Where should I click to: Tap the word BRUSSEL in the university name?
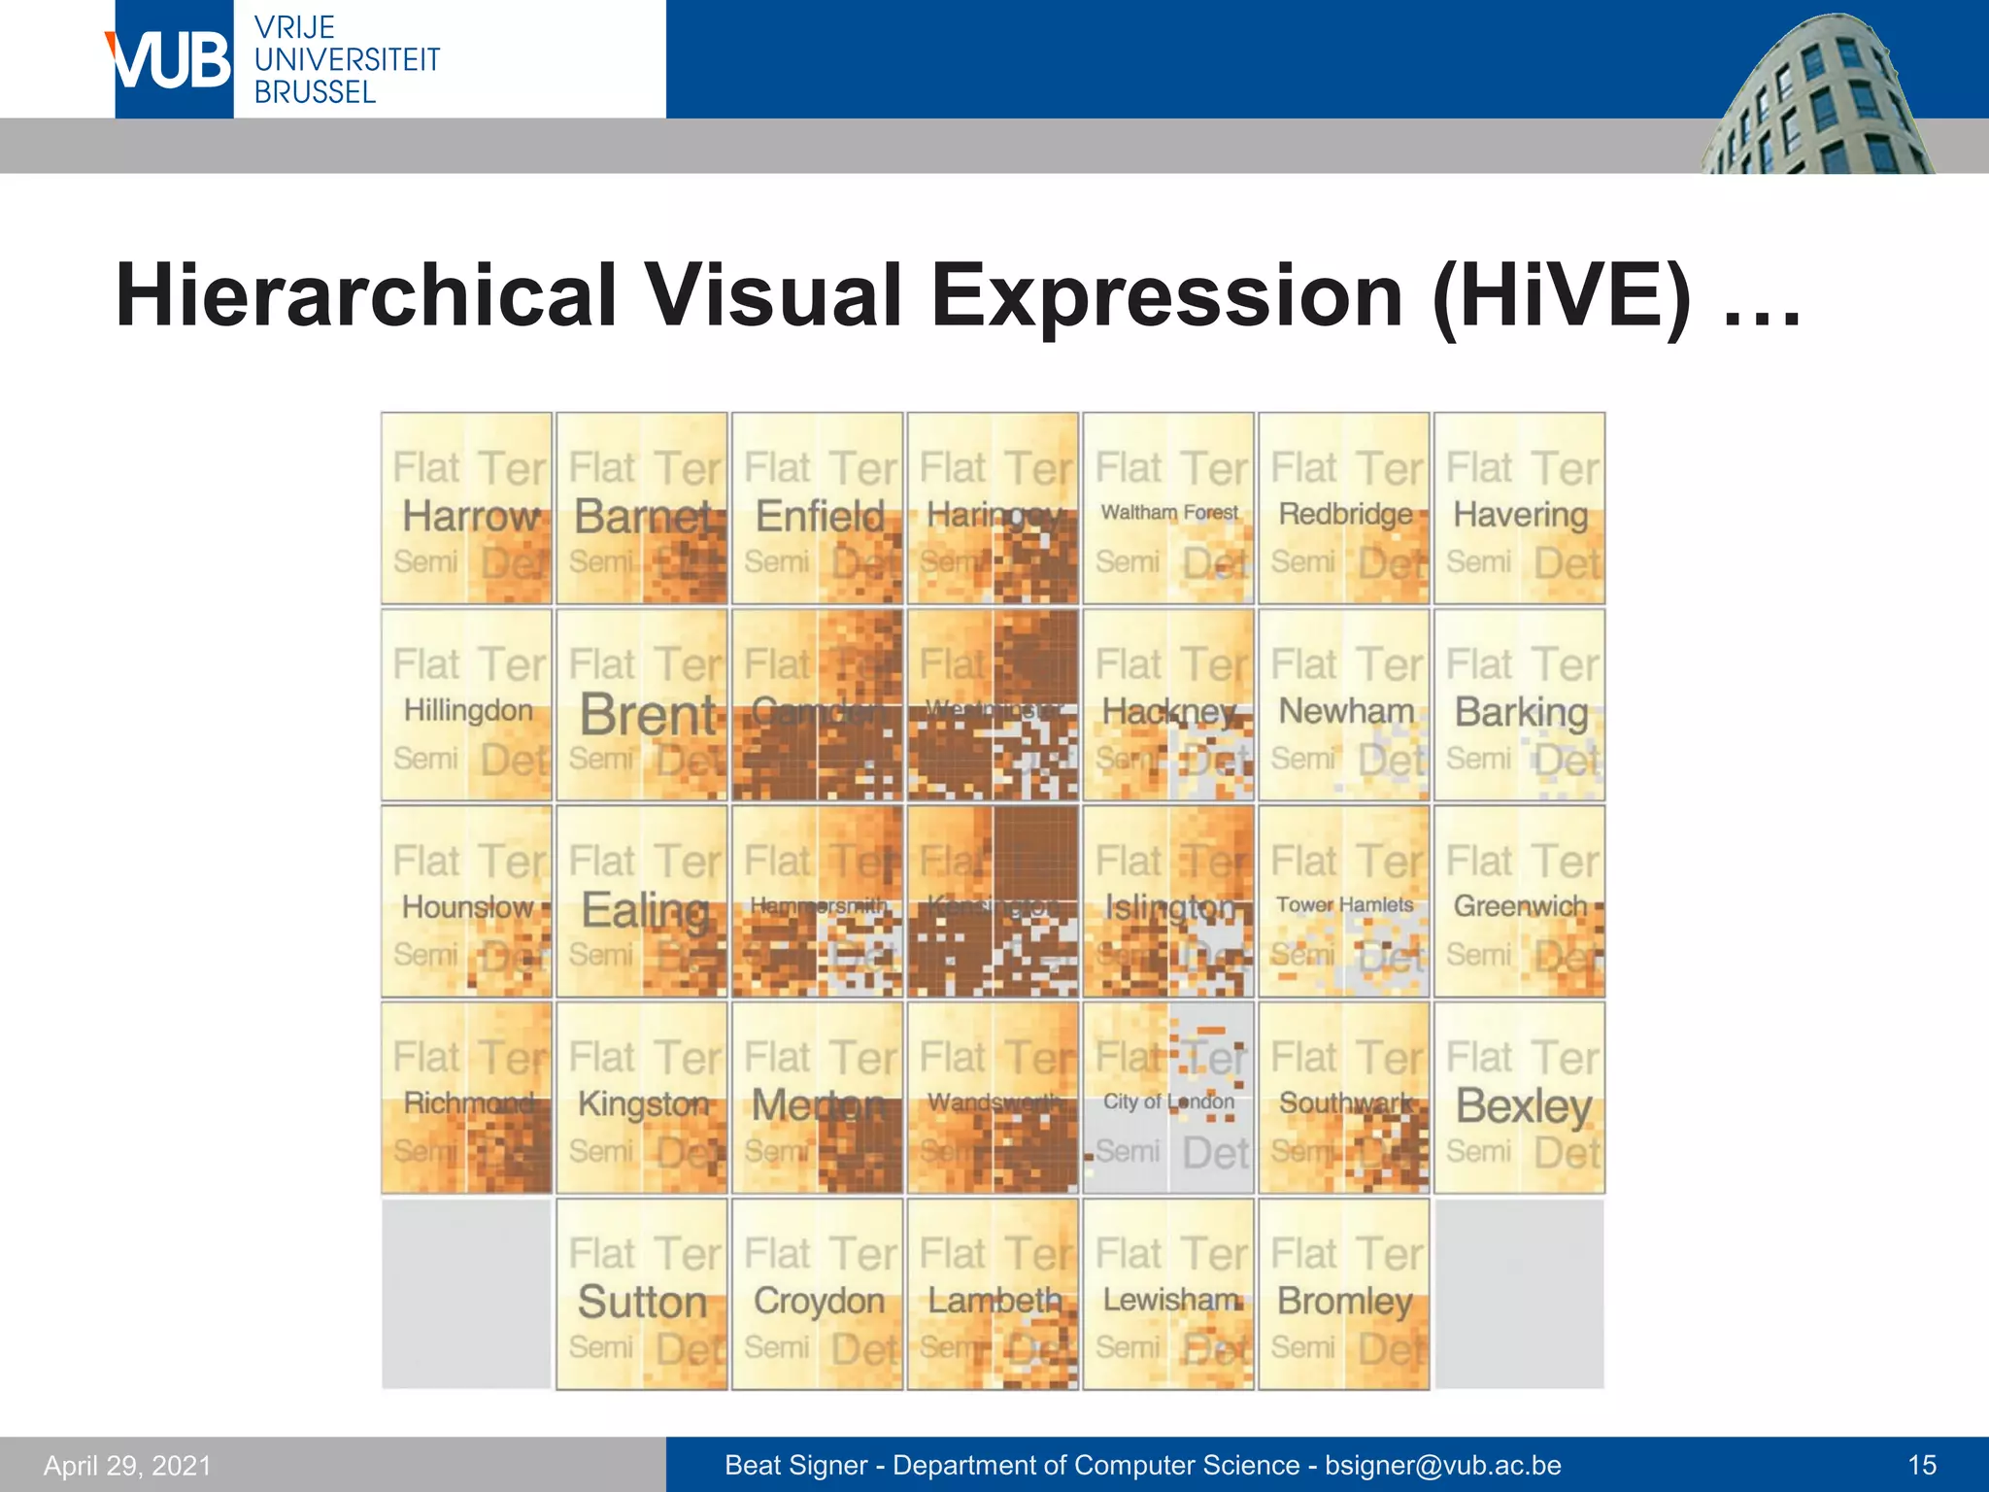pyautogui.click(x=315, y=92)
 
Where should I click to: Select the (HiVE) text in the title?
pyautogui.click(x=1560, y=295)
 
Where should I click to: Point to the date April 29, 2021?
pyautogui.click(x=127, y=1465)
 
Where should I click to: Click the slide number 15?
pyautogui.click(x=1922, y=1465)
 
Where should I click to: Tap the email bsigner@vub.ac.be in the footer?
pyautogui.click(x=1443, y=1465)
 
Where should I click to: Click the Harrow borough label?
pyautogui.click(x=471, y=516)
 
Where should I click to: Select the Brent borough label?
pyautogui.click(x=648, y=715)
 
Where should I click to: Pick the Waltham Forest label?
pyautogui.click(x=1169, y=512)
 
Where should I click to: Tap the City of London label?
pyautogui.click(x=1168, y=1102)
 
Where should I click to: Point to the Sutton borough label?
pyautogui.click(x=642, y=1302)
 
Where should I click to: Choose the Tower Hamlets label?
pyautogui.click(x=1344, y=904)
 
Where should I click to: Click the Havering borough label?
pyautogui.click(x=1520, y=515)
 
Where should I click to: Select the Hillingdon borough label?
pyautogui.click(x=468, y=710)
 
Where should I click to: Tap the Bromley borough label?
pyautogui.click(x=1344, y=1301)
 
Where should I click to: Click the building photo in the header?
pyautogui.click(x=1816, y=97)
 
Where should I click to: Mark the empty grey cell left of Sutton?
pyautogui.click(x=466, y=1294)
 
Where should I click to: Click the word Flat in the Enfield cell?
pyautogui.click(x=778, y=468)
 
